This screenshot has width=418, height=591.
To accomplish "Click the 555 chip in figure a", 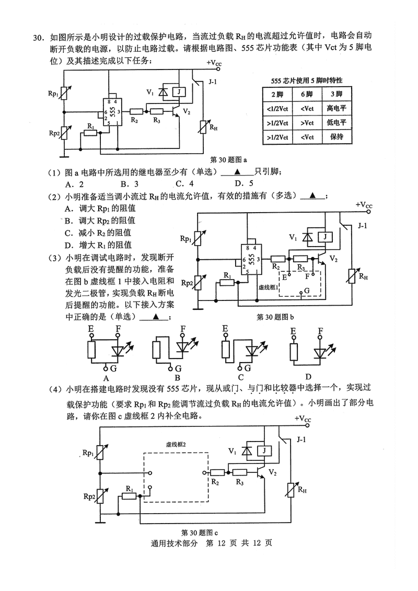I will [110, 110].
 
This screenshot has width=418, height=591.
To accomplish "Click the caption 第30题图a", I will [228, 159].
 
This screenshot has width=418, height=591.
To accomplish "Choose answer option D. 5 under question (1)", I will [243, 183].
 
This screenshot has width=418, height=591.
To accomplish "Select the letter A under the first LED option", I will [106, 377].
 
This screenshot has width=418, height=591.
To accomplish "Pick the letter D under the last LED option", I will [308, 377].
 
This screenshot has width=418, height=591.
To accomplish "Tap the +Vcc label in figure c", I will [303, 419].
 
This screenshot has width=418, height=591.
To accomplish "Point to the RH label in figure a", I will [214, 126].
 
